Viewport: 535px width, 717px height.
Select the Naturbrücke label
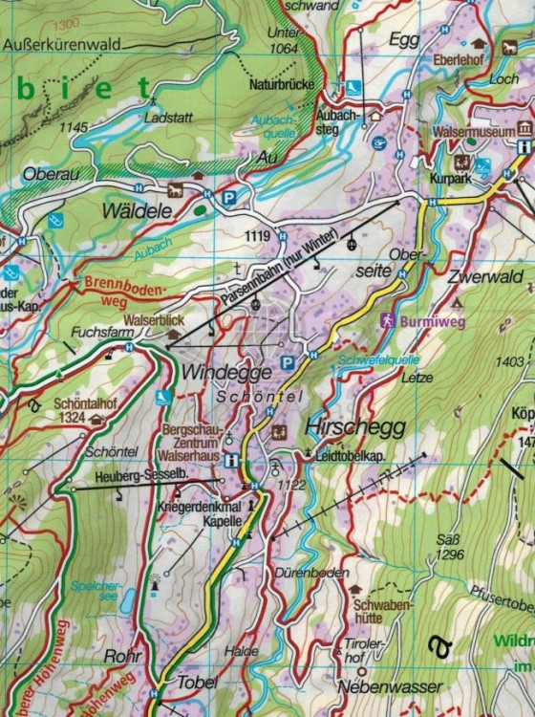pyautogui.click(x=282, y=85)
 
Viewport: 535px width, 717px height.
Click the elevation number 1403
pyautogui.click(x=511, y=361)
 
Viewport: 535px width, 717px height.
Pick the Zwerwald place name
pyautogui.click(x=488, y=278)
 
